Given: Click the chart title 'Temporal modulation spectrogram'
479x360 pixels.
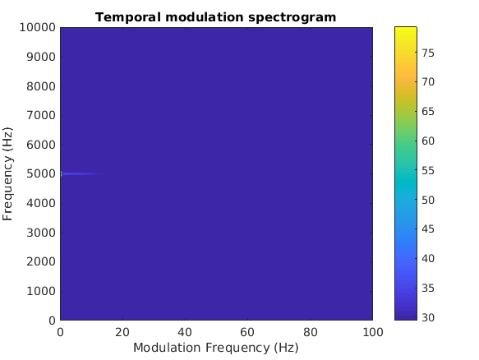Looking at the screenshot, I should coord(215,16).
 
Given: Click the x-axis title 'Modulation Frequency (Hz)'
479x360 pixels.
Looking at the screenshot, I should coord(215,348).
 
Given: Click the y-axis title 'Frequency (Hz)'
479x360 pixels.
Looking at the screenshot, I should coord(9,173).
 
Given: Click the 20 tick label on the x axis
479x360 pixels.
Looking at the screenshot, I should coord(122,331).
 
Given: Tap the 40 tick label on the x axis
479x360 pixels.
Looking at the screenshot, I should coord(185,331).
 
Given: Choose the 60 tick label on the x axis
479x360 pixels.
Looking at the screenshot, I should coord(247,331).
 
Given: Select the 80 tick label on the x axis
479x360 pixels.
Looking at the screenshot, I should coord(311,331).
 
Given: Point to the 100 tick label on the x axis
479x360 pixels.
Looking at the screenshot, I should coord(373,331).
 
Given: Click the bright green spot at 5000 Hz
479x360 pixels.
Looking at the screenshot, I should coord(62,173).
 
